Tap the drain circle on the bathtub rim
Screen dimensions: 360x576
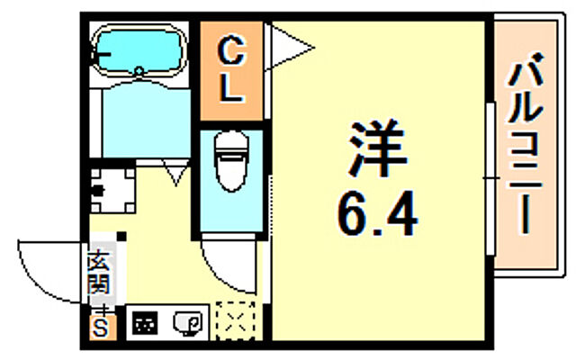coord(139,70)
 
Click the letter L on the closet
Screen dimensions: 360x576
coord(230,90)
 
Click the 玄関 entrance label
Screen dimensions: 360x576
coord(98,274)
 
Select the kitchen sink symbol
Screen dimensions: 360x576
coord(190,321)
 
